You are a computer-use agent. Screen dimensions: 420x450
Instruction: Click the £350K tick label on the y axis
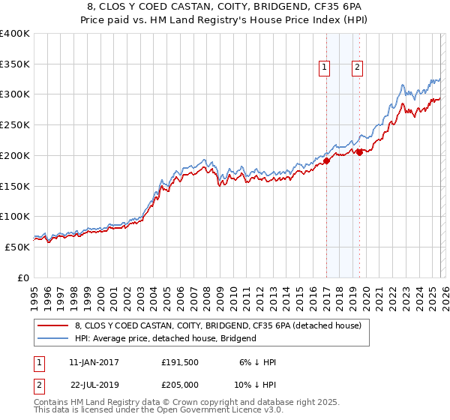[15, 64]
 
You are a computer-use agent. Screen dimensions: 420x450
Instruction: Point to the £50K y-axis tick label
[17, 247]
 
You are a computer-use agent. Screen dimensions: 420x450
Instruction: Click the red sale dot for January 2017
[326, 160]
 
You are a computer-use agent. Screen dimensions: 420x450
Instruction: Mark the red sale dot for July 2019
[359, 152]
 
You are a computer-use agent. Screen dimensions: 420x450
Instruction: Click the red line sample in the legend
[53, 325]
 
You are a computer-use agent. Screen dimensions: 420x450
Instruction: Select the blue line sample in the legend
[53, 338]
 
